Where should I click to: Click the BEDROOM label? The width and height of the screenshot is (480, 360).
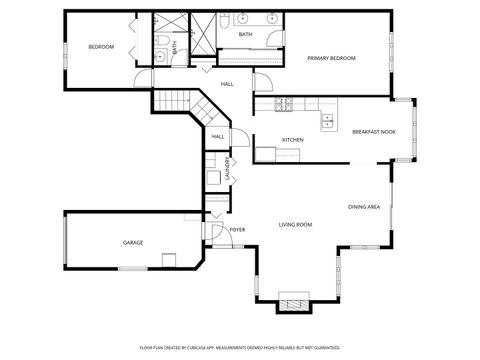(x=101, y=47)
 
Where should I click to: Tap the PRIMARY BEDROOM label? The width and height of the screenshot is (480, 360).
(x=331, y=59)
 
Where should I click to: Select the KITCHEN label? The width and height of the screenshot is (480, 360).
(x=292, y=139)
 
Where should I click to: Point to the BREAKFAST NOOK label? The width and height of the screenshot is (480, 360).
(x=372, y=132)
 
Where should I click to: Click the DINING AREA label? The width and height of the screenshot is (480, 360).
(x=363, y=207)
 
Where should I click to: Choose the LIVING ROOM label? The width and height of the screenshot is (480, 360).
(x=295, y=225)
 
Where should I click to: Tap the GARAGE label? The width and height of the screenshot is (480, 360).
(x=132, y=243)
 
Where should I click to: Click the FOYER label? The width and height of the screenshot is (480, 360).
(x=238, y=230)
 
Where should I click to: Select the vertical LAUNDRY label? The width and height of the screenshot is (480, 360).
(x=228, y=170)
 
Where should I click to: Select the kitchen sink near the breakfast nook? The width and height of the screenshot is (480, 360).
(x=328, y=121)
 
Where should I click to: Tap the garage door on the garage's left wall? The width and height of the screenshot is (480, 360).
(x=65, y=241)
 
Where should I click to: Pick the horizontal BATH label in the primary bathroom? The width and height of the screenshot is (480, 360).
(x=246, y=35)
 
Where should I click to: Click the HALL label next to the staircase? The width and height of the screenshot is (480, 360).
(x=218, y=136)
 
